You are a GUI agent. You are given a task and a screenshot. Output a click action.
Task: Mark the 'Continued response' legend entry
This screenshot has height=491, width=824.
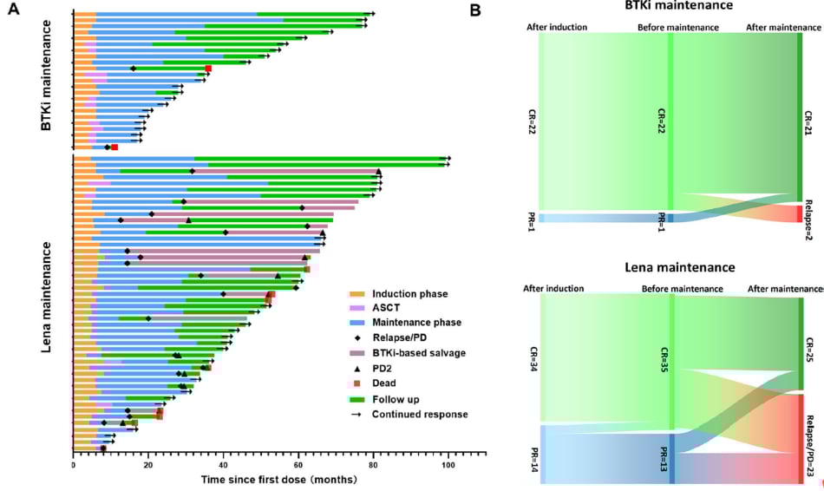coord(419,414)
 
